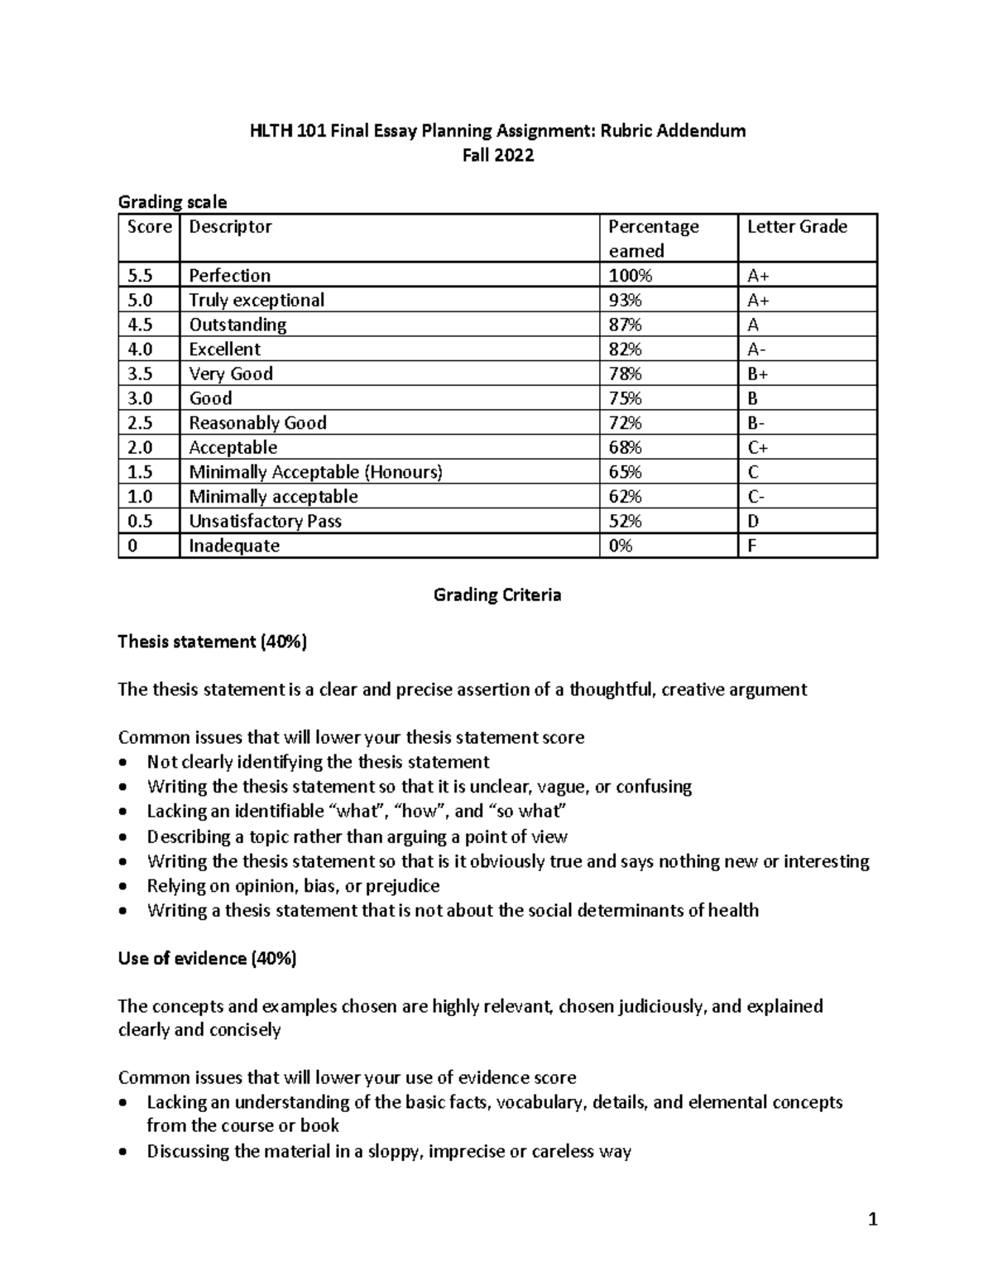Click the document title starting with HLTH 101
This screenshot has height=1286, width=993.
[497, 131]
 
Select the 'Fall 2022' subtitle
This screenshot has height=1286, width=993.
[497, 156]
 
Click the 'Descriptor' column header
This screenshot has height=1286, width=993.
[230, 227]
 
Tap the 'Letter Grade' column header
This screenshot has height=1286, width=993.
[796, 227]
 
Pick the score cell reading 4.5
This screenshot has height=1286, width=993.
[140, 325]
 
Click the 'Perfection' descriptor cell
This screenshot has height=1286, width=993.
[229, 276]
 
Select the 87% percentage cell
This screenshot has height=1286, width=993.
[625, 325]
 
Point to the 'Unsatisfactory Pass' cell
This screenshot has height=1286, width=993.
[265, 521]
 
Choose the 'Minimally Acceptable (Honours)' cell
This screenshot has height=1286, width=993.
[315, 472]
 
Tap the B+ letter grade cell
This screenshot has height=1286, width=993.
[758, 373]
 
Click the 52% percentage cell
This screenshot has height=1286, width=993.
[625, 521]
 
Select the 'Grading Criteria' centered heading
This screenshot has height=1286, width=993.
[497, 595]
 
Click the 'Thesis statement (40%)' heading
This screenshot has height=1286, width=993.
[212, 642]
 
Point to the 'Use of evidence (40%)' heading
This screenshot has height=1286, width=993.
[207, 959]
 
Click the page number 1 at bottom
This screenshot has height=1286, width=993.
[872, 1219]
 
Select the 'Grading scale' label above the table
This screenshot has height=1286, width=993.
[172, 202]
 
